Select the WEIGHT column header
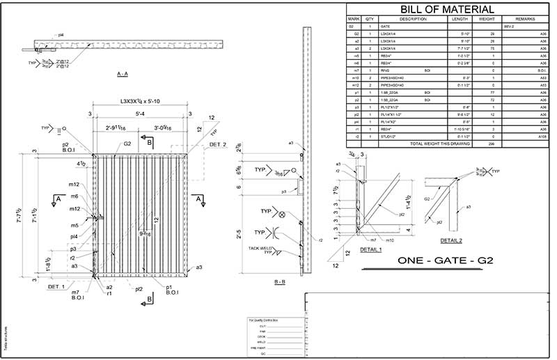487,19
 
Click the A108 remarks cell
542,136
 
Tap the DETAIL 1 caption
370,249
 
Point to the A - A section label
126,72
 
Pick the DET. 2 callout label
217,144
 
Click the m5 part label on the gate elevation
74,225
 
